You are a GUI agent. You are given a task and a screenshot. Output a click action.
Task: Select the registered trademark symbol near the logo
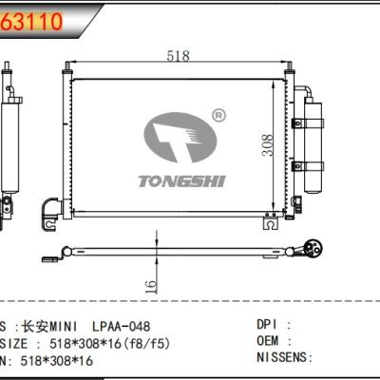click(x=218, y=115)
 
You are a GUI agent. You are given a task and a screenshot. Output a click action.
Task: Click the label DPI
click(x=270, y=325)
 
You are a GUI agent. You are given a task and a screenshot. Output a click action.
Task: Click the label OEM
click(x=270, y=341)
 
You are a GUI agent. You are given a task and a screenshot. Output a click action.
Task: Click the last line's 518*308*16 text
click(x=59, y=359)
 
